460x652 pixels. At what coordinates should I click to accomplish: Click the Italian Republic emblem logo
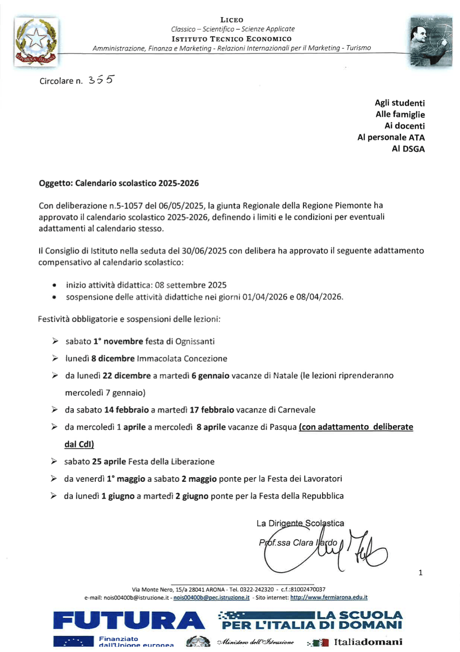tap(36, 42)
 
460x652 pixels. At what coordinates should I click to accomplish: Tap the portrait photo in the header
tap(431, 41)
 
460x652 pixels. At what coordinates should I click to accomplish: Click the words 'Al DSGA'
tap(408, 149)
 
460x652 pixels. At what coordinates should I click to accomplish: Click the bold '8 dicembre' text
tap(113, 358)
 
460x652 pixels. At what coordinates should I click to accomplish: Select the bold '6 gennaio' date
tap(210, 376)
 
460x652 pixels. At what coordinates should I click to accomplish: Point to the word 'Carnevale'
tap(296, 410)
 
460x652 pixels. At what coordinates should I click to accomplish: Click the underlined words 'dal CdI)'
tap(79, 444)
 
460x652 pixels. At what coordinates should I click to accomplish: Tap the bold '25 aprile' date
tap(109, 462)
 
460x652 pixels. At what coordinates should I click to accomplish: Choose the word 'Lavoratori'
tap(323, 478)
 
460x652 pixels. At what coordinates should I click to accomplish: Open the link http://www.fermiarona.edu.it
tap(329, 597)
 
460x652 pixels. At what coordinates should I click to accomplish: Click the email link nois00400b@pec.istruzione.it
tap(211, 597)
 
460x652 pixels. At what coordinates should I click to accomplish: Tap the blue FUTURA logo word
tap(129, 621)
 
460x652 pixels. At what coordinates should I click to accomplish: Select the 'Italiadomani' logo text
tap(368, 642)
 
